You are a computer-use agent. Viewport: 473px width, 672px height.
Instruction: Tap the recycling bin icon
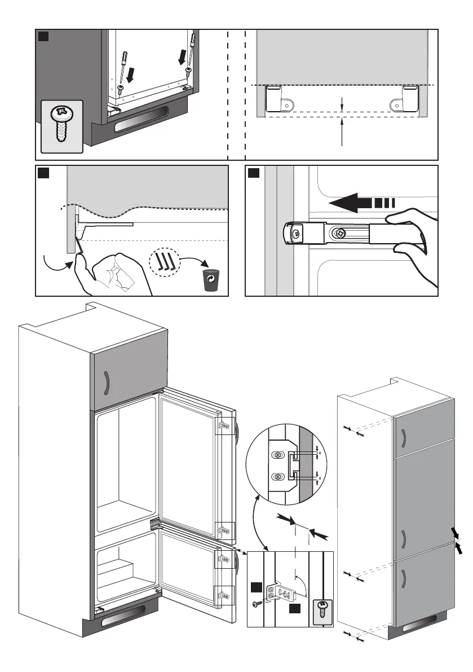pos(211,280)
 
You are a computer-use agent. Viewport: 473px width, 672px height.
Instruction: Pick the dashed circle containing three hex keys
pos(165,262)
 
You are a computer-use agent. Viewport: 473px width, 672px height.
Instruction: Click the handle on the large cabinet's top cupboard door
pos(105,383)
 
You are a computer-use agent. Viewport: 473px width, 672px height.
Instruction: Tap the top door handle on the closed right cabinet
pos(404,437)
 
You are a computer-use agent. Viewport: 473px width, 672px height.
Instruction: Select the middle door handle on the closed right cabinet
pos(405,539)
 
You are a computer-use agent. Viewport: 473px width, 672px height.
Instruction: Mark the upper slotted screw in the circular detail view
pos(278,455)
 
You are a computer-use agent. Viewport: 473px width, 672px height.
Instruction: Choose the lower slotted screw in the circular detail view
pos(278,477)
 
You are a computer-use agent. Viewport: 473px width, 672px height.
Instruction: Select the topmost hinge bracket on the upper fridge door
pos(224,427)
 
